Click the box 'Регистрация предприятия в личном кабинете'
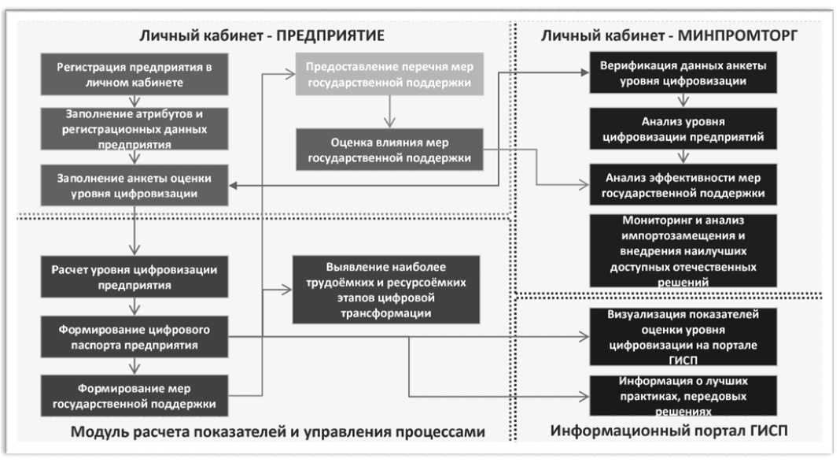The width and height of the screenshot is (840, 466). tap(134, 75)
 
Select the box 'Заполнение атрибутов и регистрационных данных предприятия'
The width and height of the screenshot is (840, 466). tap(134, 129)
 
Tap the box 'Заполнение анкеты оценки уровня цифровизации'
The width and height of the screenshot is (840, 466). tap(134, 185)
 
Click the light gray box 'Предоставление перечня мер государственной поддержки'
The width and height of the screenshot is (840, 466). tap(390, 75)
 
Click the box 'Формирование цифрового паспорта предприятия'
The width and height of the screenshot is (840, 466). tap(134, 338)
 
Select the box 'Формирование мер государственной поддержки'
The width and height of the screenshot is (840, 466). tap(134, 397)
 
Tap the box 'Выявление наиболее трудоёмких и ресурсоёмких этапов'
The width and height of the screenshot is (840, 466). tap(385, 289)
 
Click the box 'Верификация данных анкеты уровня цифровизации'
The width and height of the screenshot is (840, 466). tap(683, 73)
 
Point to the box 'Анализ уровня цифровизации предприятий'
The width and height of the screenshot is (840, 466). tap(683, 129)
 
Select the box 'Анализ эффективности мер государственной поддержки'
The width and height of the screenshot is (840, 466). tap(683, 185)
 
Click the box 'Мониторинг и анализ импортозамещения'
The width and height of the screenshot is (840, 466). tap(683, 250)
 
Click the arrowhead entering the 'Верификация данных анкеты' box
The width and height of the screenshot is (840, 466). tap(584, 72)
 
